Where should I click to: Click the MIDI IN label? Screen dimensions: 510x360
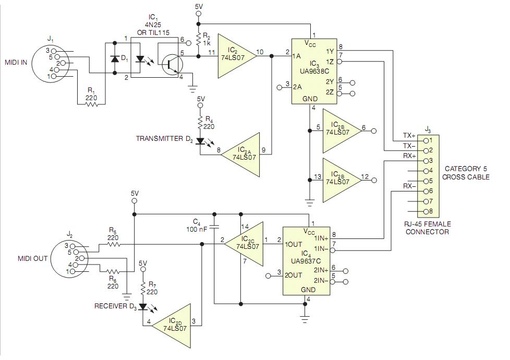point(16,62)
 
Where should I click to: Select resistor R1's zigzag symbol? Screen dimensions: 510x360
point(91,104)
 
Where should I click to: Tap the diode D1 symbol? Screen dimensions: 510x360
point(115,59)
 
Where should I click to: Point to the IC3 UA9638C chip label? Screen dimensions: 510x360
point(314,67)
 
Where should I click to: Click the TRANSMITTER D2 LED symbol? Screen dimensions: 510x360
point(200,141)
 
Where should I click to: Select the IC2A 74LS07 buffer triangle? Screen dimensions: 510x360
point(241,154)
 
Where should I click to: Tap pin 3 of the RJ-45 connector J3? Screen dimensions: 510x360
point(426,161)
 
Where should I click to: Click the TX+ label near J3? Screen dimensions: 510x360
point(409,136)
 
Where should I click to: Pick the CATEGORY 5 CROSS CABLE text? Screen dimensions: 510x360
point(466,173)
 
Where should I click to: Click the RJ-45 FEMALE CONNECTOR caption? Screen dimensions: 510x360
point(428,228)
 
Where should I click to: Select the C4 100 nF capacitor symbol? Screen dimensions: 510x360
point(214,226)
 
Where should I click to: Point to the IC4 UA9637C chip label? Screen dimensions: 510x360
point(306,257)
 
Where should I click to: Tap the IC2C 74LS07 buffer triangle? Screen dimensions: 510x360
point(244,244)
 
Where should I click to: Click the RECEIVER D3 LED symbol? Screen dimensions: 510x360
point(143,307)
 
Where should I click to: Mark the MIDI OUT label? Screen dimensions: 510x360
point(32,258)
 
